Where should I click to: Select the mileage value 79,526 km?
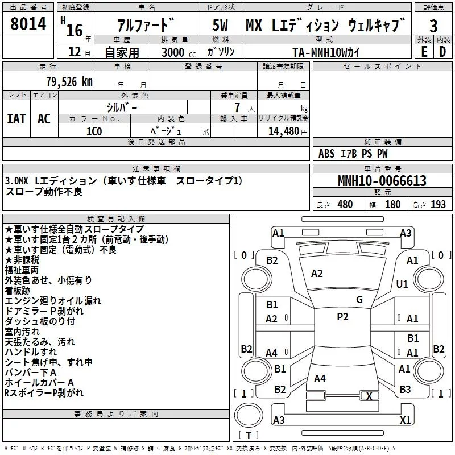(x=69, y=82)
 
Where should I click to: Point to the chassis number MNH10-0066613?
(x=382, y=181)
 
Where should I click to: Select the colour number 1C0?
(x=94, y=130)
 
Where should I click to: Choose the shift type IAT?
(x=16, y=119)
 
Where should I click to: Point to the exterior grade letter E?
(x=424, y=52)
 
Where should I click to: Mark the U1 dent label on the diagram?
(x=402, y=284)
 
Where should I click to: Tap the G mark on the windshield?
(x=359, y=300)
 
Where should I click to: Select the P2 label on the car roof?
(x=342, y=317)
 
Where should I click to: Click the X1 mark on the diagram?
(x=405, y=420)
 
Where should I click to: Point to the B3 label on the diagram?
(x=405, y=390)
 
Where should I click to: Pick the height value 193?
(x=438, y=205)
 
